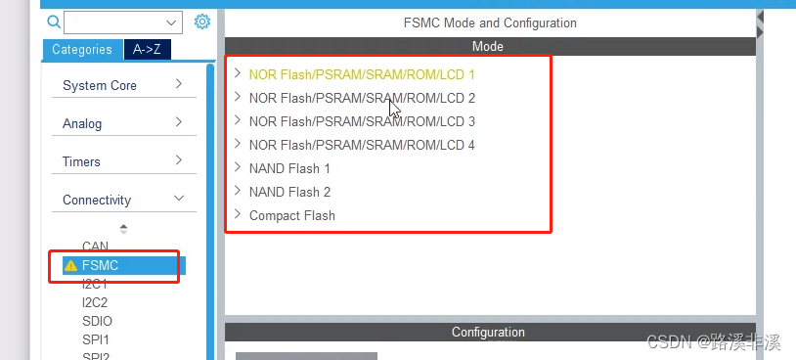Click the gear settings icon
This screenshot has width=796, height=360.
coord(202,22)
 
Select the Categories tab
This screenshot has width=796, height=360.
coord(80,49)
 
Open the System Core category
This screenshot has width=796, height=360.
coord(100,85)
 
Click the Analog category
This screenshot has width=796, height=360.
coord(82,123)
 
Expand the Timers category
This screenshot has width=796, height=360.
coord(81,161)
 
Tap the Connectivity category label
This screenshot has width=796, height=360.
coord(97,200)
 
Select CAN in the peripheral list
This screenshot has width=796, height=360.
coord(95,247)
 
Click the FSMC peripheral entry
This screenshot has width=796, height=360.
coord(101,265)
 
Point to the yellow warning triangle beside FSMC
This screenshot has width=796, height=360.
coord(70,265)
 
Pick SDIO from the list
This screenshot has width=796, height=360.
coord(98,321)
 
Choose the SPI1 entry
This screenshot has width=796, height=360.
coord(96,339)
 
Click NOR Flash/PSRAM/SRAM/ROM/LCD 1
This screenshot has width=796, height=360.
coord(362,74)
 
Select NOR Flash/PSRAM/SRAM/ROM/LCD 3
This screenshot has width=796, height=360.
coord(362,121)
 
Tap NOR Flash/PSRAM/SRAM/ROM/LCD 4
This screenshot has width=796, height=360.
coord(362,145)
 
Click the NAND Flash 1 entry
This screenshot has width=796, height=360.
coord(289,168)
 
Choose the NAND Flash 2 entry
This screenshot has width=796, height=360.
coord(289,192)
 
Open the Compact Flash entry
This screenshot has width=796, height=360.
coord(291,215)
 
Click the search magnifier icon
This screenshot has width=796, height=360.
coord(55,22)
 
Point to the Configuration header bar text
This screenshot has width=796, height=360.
coord(488,333)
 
